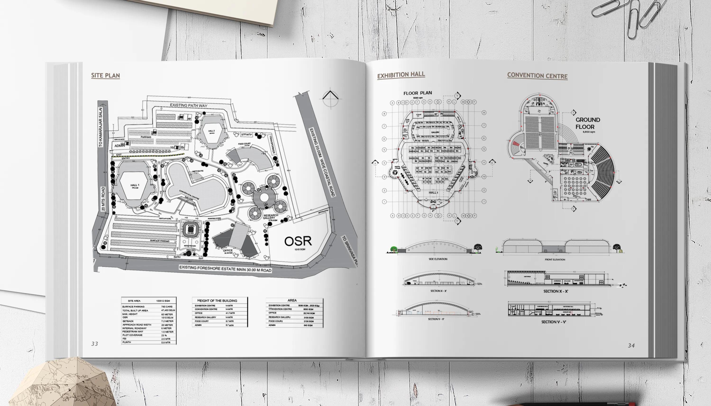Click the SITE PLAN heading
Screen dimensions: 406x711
[x=105, y=76]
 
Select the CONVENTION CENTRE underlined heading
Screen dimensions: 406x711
[x=537, y=76]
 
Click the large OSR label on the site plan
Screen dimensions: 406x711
[x=298, y=241]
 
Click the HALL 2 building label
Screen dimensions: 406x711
[x=211, y=131]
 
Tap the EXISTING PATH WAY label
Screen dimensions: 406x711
[x=189, y=105]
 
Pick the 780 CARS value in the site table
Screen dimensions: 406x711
[x=167, y=307]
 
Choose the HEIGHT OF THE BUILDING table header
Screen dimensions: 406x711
[x=217, y=301]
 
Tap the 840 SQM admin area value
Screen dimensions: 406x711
[x=308, y=325]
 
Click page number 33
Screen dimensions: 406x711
[x=95, y=344]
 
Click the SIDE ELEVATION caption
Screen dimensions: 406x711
[x=438, y=259]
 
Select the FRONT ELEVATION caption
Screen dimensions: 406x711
[x=555, y=260]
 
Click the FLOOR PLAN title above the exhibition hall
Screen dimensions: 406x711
[x=418, y=93]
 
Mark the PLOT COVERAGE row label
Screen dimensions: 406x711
[x=132, y=335]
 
